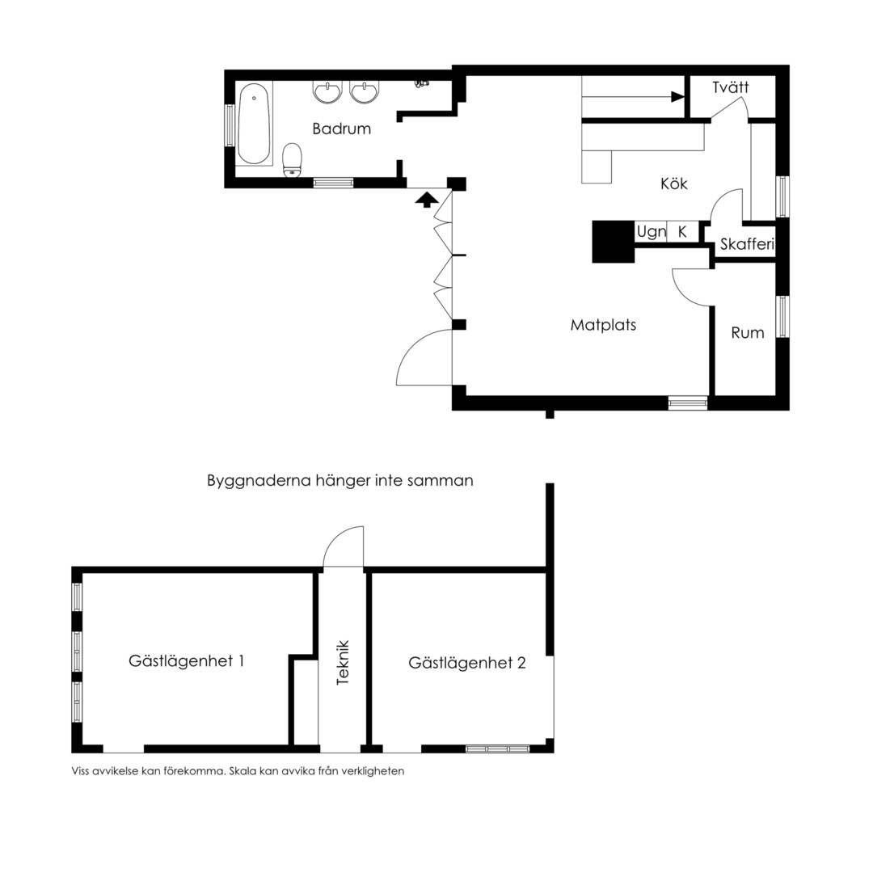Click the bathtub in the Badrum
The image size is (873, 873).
[254, 124]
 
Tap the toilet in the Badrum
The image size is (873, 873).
[292, 160]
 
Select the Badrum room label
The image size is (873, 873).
[341, 129]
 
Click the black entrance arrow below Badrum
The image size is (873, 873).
[427, 200]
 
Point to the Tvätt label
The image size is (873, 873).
[731, 87]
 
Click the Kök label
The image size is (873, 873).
[673, 183]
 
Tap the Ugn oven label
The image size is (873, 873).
[652, 232]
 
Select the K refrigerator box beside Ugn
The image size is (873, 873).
[682, 231]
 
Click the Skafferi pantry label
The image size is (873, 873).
[747, 244]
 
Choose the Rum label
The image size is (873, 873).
[747, 333]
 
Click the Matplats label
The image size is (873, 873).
[603, 325]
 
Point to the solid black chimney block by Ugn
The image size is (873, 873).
[613, 242]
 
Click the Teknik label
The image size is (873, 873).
[343, 662]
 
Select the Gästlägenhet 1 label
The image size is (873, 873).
[186, 661]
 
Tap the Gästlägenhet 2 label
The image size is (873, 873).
[466, 663]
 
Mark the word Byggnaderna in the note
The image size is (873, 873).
[259, 481]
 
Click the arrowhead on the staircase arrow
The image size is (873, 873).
[677, 97]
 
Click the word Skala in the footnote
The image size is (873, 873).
[242, 771]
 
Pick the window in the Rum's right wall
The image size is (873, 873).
[782, 317]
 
